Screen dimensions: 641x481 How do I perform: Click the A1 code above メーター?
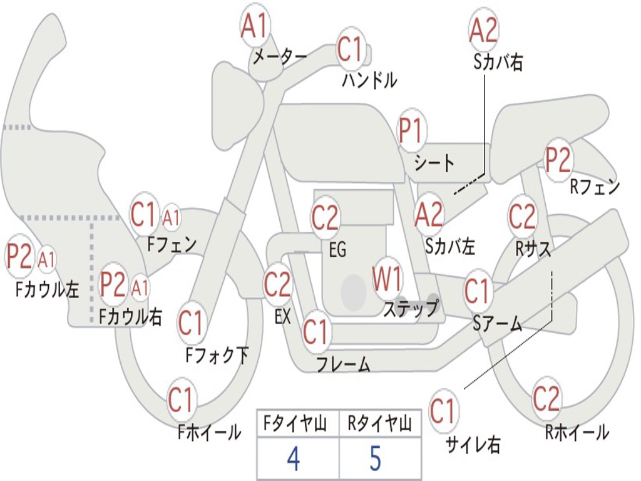pyautogui.click(x=255, y=27)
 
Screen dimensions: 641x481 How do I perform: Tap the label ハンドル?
pyautogui.click(x=369, y=80)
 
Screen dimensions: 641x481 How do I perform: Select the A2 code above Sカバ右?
pyautogui.click(x=483, y=30)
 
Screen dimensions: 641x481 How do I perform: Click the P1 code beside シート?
pyautogui.click(x=411, y=132)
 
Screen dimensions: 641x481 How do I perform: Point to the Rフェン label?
pyautogui.click(x=595, y=187)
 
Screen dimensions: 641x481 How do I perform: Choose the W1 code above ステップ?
pyautogui.click(x=387, y=279)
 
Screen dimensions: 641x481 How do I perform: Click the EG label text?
pyautogui.click(x=337, y=250)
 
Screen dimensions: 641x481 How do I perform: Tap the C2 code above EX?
pyautogui.click(x=277, y=285)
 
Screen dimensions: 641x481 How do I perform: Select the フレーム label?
pyautogui.click(x=343, y=364)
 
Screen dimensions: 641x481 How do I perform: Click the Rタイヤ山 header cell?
pyautogui.click(x=379, y=425)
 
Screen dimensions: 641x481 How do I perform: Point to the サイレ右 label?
pyautogui.click(x=473, y=445)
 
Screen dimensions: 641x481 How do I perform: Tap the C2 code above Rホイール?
pyautogui.click(x=546, y=399)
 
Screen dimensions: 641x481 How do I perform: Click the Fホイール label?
pyautogui.click(x=209, y=432)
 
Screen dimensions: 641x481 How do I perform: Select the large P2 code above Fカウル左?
pyautogui.click(x=19, y=257)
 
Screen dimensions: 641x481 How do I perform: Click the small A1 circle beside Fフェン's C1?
pyautogui.click(x=171, y=219)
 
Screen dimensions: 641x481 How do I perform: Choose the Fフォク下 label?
pyautogui.click(x=217, y=356)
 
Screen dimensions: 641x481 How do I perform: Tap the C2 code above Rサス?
pyautogui.click(x=522, y=217)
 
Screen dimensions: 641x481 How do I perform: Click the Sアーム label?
pyautogui.click(x=497, y=323)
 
